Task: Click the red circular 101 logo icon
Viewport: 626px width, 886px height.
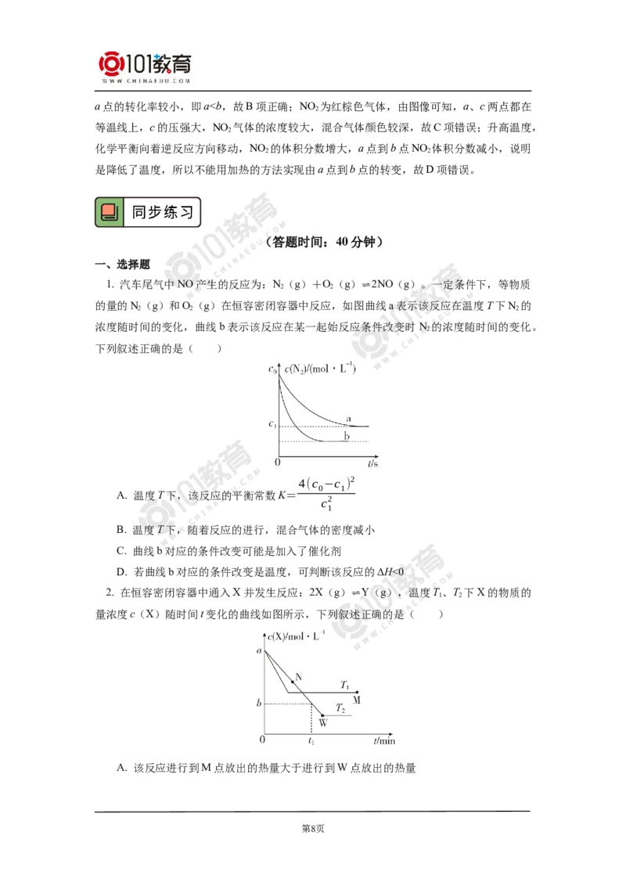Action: click(111, 64)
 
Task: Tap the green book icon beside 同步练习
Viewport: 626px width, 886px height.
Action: click(109, 212)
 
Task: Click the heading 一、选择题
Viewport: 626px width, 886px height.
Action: click(123, 264)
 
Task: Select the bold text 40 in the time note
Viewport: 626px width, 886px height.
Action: click(342, 242)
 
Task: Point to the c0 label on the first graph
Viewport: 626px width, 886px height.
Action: click(272, 369)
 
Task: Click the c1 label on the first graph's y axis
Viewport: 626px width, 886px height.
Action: click(272, 423)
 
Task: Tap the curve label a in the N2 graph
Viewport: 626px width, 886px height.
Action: click(348, 419)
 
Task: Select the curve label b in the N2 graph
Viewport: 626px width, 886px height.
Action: click(347, 436)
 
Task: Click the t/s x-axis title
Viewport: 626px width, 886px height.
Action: click(373, 463)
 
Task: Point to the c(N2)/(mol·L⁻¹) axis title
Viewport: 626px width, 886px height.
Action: click(320, 369)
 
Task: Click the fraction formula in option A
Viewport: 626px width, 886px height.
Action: click(326, 494)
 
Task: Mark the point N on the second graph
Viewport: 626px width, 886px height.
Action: click(293, 682)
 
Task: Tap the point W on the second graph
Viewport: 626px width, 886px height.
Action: click(322, 715)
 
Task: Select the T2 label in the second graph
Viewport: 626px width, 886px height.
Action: click(340, 708)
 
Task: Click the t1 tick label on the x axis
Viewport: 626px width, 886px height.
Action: click(311, 740)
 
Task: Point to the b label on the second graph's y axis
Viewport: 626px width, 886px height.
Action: click(259, 703)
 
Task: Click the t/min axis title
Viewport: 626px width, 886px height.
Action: click(384, 740)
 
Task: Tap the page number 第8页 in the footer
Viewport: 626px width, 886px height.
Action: click(313, 828)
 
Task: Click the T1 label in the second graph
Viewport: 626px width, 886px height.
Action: click(344, 685)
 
